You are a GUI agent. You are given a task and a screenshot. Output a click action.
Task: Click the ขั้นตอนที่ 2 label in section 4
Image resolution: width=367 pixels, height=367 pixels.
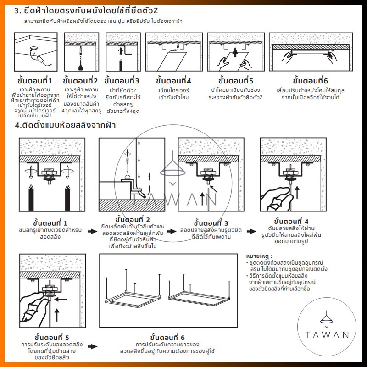tap(133, 219)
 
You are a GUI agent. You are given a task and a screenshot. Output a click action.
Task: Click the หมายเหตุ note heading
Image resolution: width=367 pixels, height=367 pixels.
tap(259, 256)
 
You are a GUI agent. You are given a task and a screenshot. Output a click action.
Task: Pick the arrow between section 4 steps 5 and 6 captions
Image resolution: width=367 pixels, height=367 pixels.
tap(92, 348)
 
